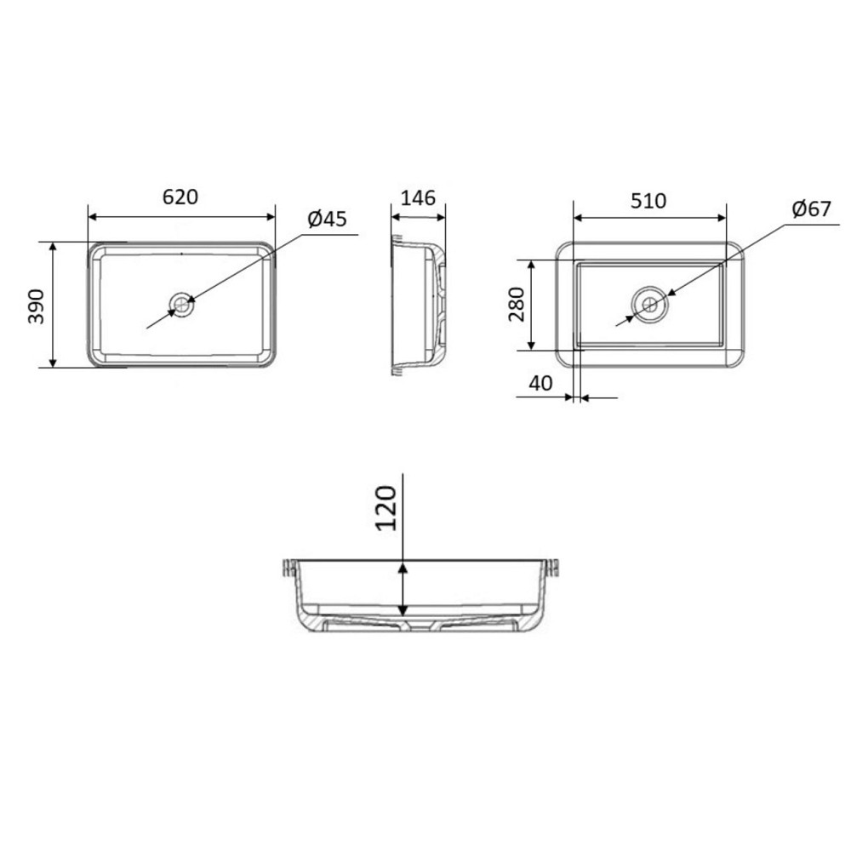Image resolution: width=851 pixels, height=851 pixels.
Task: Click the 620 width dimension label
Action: pos(180,197)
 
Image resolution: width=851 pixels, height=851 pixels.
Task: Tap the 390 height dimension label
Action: pos(35,305)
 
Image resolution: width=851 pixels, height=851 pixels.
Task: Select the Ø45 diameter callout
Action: pos(328,220)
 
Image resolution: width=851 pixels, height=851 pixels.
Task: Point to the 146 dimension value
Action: pos(418,198)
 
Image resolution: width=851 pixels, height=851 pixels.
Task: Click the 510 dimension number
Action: pos(648,202)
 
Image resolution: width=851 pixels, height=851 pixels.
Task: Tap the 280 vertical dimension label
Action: pos(517,305)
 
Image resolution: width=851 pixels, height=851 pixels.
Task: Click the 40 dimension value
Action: pos(540,384)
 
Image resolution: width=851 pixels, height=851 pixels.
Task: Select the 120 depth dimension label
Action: pos(387,507)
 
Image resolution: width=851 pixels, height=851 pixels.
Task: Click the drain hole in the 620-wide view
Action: pos(181,303)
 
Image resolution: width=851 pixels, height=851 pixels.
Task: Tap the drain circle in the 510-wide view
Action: pos(650,304)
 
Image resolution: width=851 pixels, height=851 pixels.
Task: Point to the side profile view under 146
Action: pos(419,305)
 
